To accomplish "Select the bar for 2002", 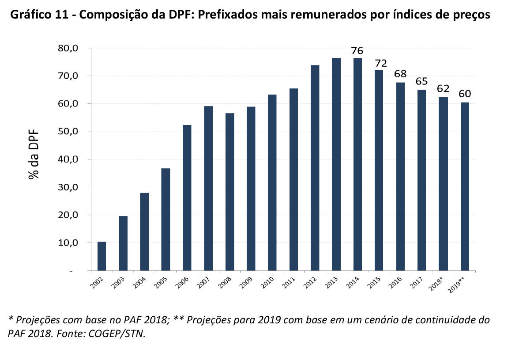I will (x=102, y=256).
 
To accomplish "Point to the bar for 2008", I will (x=229, y=192).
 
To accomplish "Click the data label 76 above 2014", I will (x=357, y=51).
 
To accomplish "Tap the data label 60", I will (x=465, y=95).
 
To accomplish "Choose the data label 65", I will (x=421, y=82).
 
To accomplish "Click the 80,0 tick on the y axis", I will (x=68, y=48).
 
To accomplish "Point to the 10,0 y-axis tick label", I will (x=68, y=243).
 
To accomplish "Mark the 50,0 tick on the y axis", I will (x=68, y=132).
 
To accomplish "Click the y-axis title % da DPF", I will (x=34, y=154).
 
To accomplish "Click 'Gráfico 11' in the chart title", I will (x=38, y=15).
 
